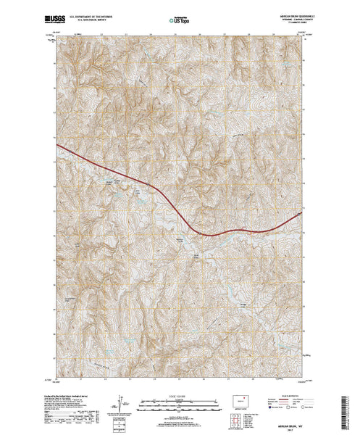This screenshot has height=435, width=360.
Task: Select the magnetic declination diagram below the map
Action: point(118,400)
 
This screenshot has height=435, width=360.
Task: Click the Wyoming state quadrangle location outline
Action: point(240,397)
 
